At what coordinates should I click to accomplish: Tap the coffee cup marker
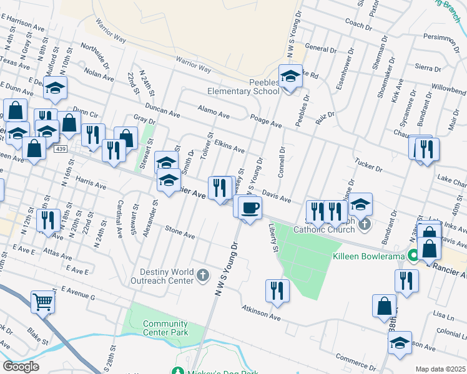pyautogui.click(x=250, y=208)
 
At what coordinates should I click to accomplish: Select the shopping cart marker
pyautogui.click(x=43, y=302)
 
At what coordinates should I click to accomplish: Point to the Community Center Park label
pyautogui.click(x=165, y=328)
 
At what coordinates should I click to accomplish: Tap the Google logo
pyautogui.click(x=21, y=367)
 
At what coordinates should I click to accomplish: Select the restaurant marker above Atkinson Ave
pyautogui.click(x=277, y=290)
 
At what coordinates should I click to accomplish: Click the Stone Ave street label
pyautogui.click(x=180, y=236)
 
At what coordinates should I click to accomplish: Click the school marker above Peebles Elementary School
pyautogui.click(x=290, y=77)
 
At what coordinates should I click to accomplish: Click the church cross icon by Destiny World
pyautogui.click(x=202, y=275)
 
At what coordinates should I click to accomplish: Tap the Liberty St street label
pyautogui.click(x=273, y=238)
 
